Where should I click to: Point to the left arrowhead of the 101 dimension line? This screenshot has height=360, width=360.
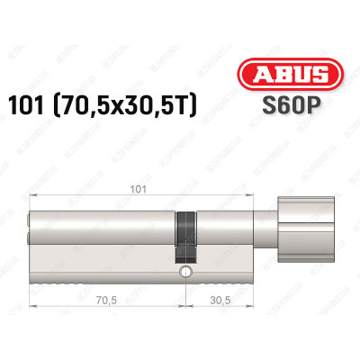click(x=32, y=198)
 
